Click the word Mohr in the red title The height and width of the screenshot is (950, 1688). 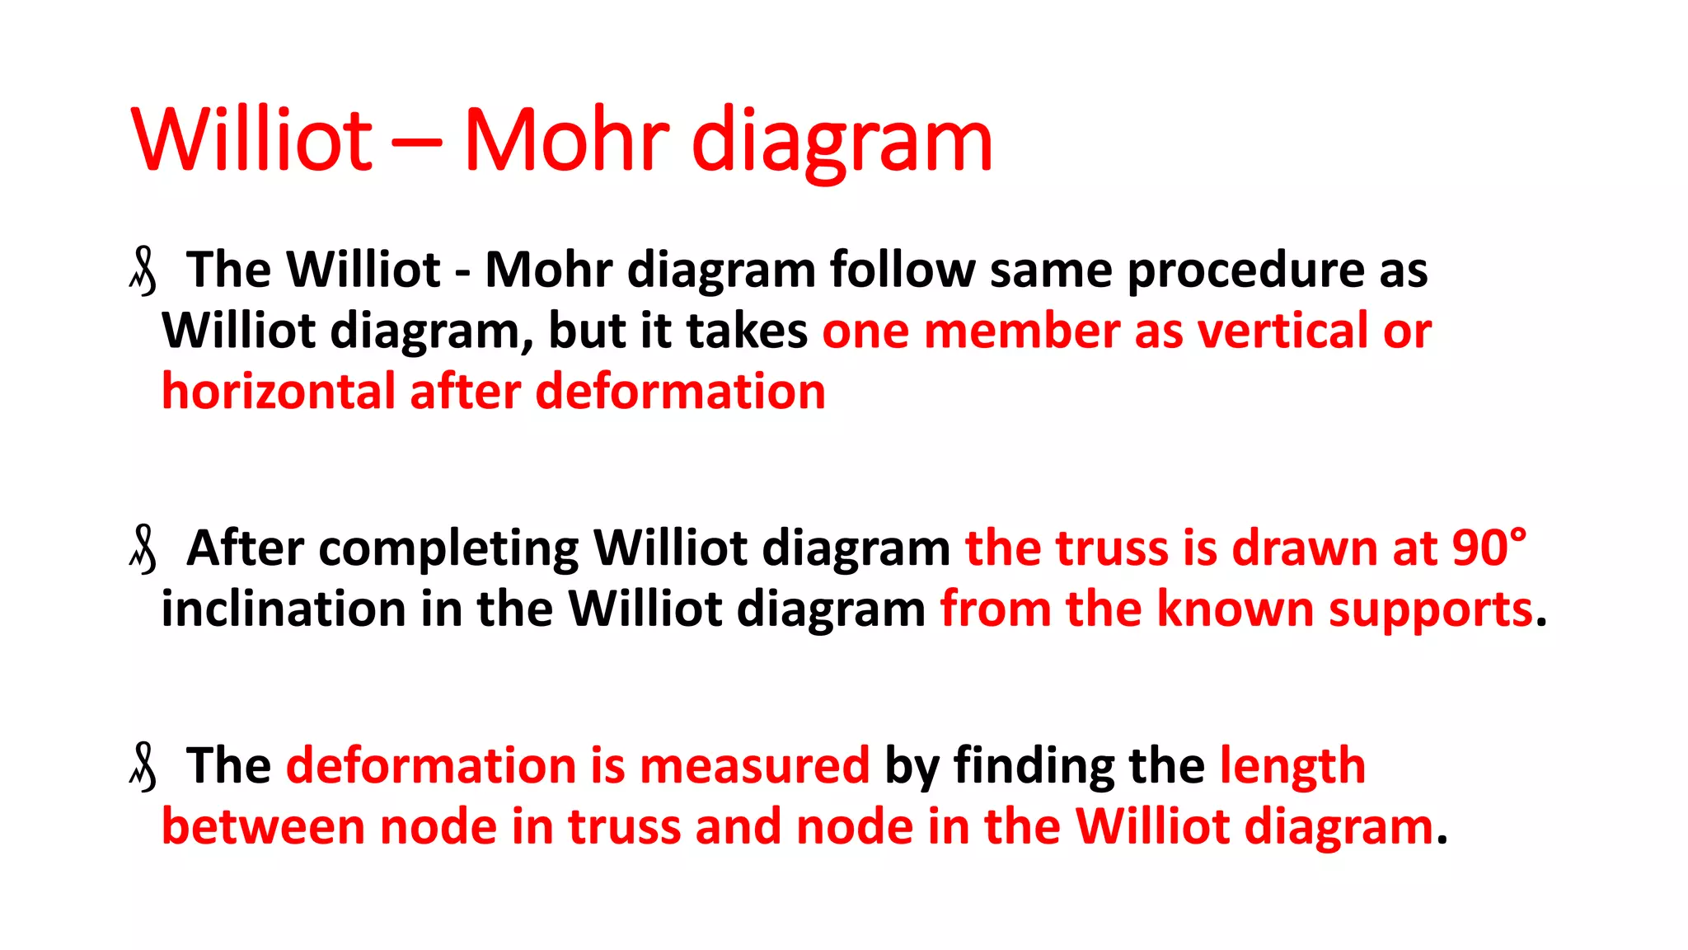(567, 140)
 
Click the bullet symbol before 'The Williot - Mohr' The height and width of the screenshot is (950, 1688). (143, 272)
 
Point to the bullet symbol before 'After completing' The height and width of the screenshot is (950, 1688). (143, 550)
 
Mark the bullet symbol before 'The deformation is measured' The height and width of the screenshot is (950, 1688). (143, 768)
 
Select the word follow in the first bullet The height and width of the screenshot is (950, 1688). (902, 270)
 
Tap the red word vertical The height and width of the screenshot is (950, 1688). (1282, 332)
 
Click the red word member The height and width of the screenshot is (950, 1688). (1021, 332)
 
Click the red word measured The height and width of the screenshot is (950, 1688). (753, 766)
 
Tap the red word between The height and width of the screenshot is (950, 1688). (263, 827)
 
